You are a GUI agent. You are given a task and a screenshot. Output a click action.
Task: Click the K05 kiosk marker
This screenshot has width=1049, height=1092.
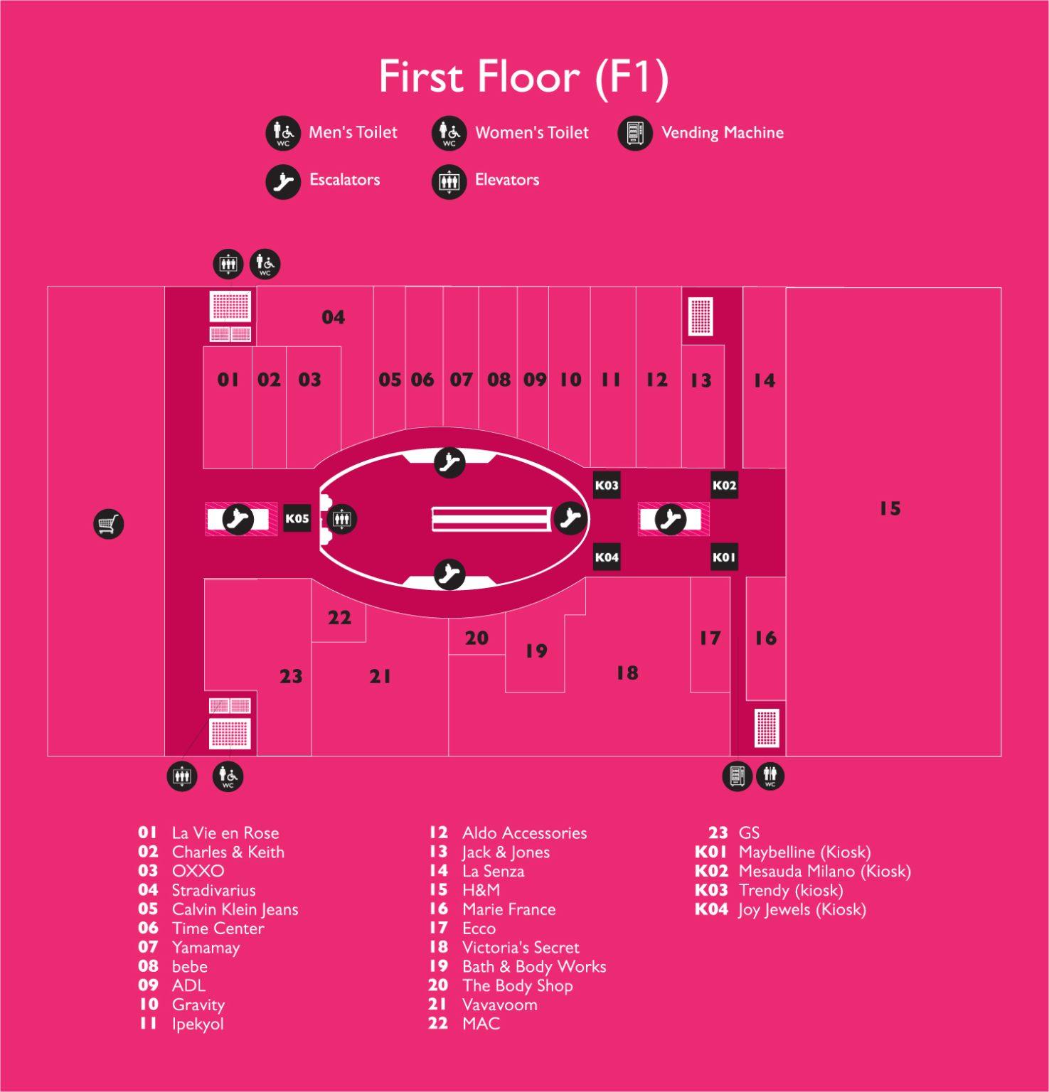[297, 518]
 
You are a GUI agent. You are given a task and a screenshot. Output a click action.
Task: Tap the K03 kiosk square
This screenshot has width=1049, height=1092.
[607, 485]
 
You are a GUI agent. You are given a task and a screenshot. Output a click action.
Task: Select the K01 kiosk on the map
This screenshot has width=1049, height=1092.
[724, 557]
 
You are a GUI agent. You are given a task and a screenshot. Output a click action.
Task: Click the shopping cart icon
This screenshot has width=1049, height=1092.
[109, 524]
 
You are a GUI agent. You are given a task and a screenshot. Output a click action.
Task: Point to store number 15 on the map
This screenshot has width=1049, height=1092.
[890, 508]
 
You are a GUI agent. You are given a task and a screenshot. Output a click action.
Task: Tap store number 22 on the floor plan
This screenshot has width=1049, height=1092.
[339, 617]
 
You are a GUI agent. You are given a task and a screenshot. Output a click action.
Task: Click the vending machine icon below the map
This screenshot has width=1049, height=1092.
[737, 776]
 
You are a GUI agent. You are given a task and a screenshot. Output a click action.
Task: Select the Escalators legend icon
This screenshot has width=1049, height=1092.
[283, 181]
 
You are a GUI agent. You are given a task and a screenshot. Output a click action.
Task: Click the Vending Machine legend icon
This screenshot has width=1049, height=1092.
[635, 133]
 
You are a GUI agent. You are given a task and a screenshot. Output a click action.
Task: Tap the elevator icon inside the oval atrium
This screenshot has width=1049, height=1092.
[342, 519]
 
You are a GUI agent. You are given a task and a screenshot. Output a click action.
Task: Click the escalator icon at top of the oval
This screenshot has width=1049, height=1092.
[449, 463]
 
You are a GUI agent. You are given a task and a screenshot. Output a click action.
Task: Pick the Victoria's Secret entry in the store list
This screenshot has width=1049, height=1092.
[521, 947]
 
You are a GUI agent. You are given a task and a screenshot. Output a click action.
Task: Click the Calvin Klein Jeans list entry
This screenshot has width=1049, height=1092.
[235, 909]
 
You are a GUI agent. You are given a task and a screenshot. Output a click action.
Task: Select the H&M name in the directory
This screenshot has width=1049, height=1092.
[481, 889]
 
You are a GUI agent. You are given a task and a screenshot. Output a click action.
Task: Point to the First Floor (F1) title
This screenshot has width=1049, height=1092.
[523, 77]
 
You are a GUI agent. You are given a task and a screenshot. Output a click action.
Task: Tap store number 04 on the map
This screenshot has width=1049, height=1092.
[333, 317]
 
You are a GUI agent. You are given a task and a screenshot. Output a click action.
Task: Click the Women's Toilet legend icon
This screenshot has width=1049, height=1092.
[449, 133]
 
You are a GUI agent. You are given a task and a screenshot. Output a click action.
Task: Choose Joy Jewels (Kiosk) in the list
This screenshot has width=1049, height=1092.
[802, 909]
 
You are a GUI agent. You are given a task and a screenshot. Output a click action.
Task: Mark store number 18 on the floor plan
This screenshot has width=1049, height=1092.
[627, 673]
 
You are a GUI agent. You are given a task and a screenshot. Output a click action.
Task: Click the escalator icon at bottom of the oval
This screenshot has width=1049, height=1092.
[449, 574]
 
